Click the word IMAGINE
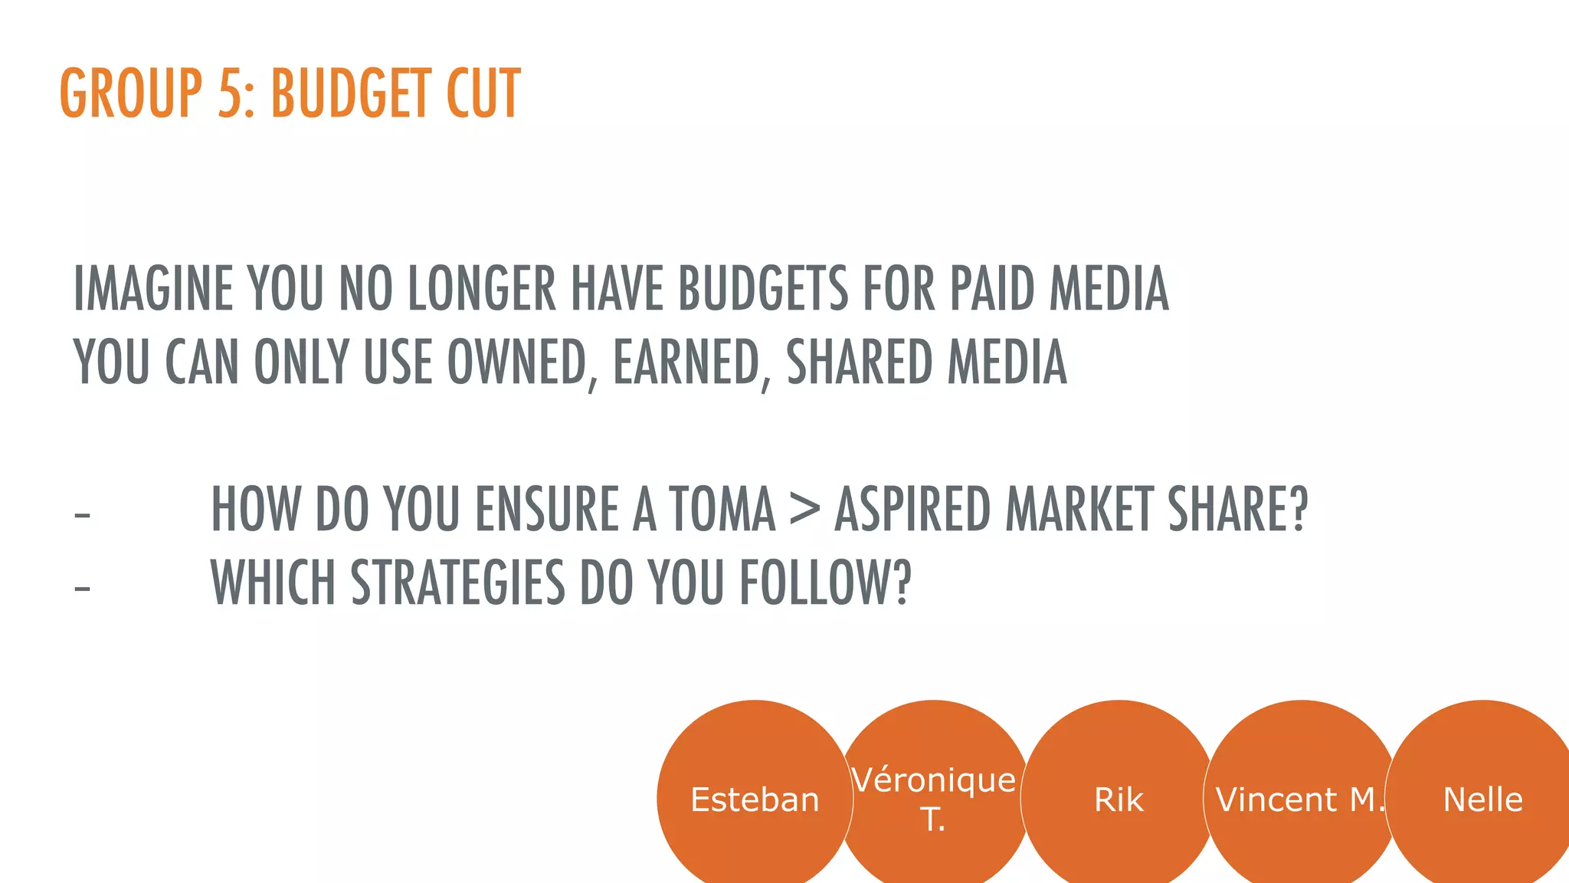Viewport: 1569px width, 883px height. tap(152, 289)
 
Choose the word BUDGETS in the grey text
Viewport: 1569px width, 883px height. tap(763, 289)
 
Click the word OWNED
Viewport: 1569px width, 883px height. tap(518, 363)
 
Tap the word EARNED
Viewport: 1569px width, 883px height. tap(686, 363)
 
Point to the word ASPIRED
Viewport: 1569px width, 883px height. tap(912, 509)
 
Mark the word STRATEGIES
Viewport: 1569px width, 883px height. tap(457, 583)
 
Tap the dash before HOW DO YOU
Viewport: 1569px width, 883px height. tap(82, 514)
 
